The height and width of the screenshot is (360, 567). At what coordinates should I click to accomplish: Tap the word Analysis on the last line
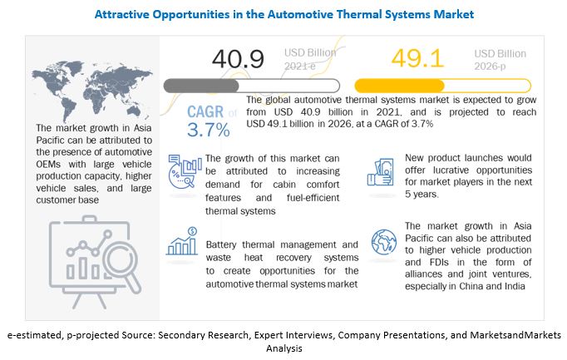[283, 349]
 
